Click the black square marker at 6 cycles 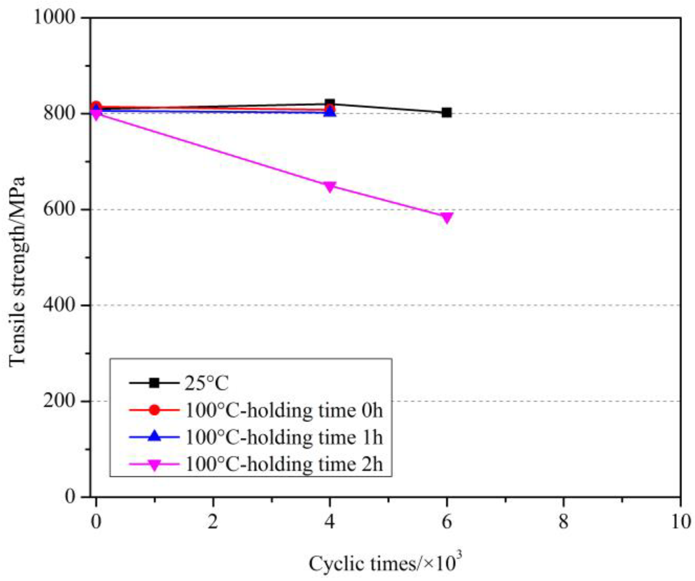click(446, 113)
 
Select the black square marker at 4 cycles click(330, 104)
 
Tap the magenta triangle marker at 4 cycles click(330, 186)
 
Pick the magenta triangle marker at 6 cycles click(446, 217)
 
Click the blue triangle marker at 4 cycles click(330, 112)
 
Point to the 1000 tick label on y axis click(54, 17)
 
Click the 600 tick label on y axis click(59, 209)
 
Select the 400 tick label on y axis click(59, 305)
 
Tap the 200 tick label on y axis click(59, 401)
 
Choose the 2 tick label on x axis click(213, 522)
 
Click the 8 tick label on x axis click(563, 522)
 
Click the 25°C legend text click(206, 383)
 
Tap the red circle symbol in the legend click(154, 410)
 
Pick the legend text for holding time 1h click(284, 437)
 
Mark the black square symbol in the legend click(154, 383)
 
